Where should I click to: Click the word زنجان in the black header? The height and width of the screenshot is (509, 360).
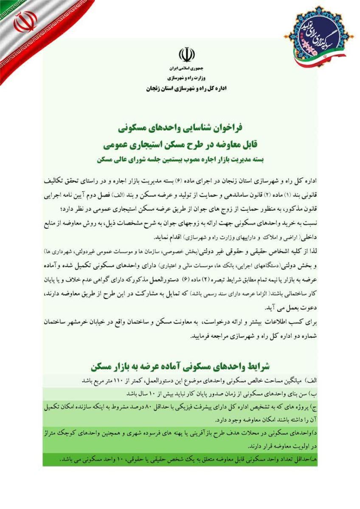click(156, 89)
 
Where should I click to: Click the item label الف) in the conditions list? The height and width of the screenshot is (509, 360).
click(312, 379)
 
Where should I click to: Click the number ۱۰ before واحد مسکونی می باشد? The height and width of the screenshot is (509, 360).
click(97, 459)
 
